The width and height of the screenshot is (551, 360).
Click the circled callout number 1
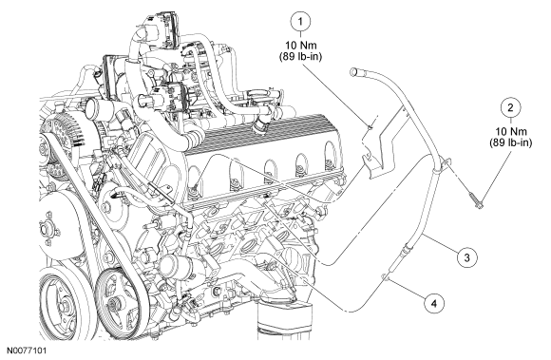tap(300, 22)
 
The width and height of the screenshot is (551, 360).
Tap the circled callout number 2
tap(510, 107)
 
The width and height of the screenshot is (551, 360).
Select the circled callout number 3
tap(466, 257)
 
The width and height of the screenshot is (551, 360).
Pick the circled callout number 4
tap(433, 303)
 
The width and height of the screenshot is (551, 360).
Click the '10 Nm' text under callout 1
tap(300, 46)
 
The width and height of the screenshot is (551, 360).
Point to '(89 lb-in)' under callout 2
tap(510, 142)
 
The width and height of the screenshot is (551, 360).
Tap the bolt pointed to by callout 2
tap(474, 200)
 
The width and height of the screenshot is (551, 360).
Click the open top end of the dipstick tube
tap(353, 72)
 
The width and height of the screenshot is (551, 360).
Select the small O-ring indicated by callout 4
tap(385, 279)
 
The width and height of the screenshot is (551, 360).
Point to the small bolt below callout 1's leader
tap(370, 126)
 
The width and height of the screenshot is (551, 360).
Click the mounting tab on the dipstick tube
tap(445, 165)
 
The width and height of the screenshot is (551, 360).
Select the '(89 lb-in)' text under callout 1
tap(300, 56)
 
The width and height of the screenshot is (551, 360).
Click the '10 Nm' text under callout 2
tap(511, 131)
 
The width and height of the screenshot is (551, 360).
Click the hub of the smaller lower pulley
tap(113, 301)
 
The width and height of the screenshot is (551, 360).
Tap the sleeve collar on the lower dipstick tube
tap(405, 250)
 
